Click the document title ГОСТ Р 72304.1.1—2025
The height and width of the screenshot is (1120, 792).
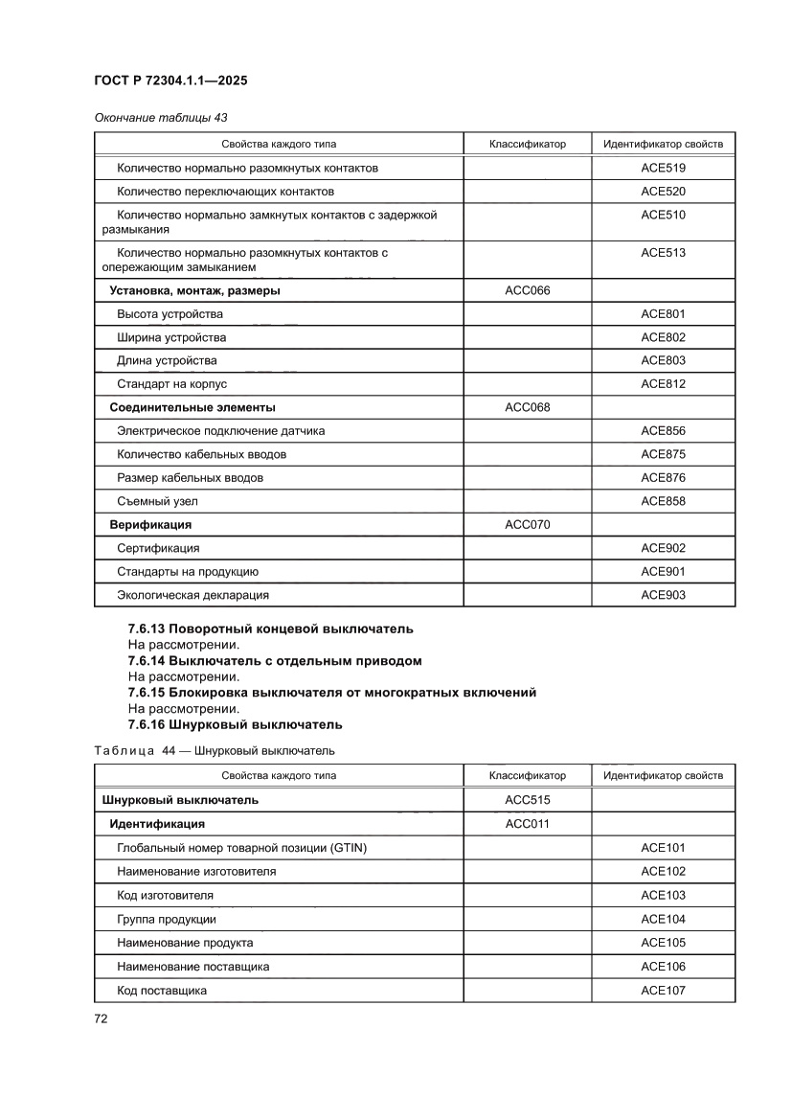tap(170, 81)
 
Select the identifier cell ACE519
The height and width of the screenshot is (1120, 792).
tap(663, 168)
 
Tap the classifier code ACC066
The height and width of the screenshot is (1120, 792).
tap(527, 290)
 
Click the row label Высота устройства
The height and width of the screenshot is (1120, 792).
tap(170, 314)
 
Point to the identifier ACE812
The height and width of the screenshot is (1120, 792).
tap(663, 384)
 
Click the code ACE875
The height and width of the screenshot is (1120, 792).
tap(663, 454)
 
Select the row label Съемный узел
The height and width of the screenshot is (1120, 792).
tap(157, 501)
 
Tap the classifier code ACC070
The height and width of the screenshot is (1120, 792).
tap(527, 524)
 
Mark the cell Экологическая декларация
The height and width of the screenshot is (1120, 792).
tap(192, 595)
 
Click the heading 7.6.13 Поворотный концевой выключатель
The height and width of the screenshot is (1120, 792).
tap(270, 629)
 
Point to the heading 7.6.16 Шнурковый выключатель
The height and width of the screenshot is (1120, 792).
tap(235, 723)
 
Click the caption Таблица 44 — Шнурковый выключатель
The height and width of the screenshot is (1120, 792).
tap(215, 750)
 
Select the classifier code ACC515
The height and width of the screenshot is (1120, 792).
tap(527, 800)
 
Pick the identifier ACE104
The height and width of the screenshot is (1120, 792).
tap(663, 919)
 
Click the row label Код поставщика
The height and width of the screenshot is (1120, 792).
tap(161, 990)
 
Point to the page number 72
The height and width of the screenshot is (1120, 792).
tap(101, 1018)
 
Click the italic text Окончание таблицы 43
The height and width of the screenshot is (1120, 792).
tap(160, 118)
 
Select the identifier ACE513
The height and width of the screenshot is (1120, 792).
tap(663, 253)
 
